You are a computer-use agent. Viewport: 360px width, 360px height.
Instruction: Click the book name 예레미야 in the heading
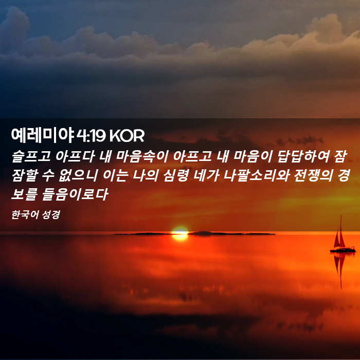coord(43,135)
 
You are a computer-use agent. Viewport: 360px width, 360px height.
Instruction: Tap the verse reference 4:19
coord(91,135)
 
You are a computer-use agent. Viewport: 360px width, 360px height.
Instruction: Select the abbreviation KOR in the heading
coord(127,135)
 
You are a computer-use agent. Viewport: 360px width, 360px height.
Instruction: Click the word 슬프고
coord(31,156)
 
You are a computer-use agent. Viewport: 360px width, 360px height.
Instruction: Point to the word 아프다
coord(75,156)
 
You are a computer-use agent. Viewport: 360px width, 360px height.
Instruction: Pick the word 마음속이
coord(142,156)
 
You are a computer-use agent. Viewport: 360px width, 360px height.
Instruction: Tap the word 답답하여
coord(303,156)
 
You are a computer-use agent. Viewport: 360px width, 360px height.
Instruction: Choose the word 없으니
coord(78,176)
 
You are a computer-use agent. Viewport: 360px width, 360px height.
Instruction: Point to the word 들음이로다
coord(75,195)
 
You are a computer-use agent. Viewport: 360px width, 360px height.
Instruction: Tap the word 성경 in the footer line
coord(48,214)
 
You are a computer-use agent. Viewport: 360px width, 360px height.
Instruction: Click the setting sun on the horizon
coord(180,233)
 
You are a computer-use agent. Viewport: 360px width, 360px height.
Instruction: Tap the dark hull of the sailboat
coord(343,250)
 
